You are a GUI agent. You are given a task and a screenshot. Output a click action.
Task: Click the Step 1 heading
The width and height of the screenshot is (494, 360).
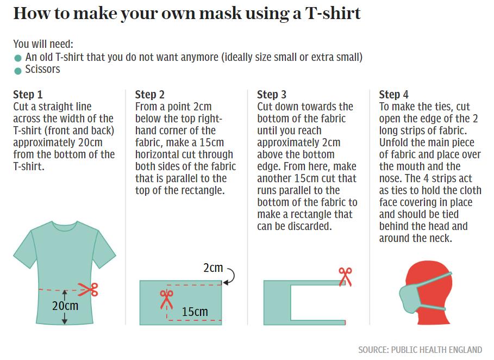tap(28, 94)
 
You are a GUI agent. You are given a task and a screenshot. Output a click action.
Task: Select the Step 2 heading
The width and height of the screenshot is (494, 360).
tap(149, 94)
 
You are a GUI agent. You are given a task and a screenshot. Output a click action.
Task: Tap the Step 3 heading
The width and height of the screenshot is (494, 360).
tap(272, 94)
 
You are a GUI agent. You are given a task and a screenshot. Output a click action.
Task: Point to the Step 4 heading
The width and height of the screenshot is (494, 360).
tap(393, 94)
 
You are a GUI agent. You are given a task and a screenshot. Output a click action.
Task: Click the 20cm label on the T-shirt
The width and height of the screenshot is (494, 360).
tap(65, 306)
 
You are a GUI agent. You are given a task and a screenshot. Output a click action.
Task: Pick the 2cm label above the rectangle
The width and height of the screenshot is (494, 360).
tap(213, 268)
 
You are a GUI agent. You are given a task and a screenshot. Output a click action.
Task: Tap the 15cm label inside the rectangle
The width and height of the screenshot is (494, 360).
tap(195, 312)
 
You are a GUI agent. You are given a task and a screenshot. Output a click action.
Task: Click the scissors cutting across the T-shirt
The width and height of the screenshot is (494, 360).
tap(88, 289)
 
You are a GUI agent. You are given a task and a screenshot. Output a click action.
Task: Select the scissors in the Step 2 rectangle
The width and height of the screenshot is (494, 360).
tap(166, 300)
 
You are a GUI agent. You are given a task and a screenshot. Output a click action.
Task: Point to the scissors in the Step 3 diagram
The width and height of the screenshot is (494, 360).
tap(345, 277)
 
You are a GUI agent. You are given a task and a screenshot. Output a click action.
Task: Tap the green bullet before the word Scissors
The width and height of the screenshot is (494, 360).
tap(18, 71)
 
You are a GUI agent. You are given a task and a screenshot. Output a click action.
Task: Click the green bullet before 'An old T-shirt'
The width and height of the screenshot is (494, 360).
tap(18, 58)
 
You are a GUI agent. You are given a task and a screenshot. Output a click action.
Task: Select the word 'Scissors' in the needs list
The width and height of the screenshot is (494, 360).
tap(42, 69)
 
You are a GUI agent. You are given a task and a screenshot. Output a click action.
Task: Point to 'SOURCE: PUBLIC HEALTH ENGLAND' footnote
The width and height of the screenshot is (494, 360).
tap(420, 350)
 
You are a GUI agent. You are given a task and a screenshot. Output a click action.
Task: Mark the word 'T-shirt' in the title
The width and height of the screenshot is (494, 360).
tap(333, 14)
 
